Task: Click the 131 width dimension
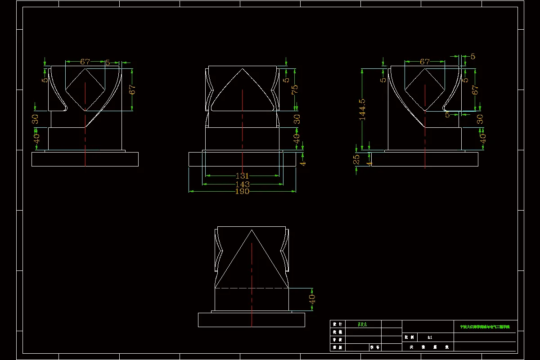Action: (242, 176)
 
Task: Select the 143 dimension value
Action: (242, 184)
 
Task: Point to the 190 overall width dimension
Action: (242, 191)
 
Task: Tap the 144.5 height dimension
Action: (362, 110)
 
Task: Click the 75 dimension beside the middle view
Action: (295, 90)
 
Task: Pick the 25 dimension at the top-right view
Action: (356, 159)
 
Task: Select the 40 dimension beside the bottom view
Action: (312, 299)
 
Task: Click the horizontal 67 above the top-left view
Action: (85, 62)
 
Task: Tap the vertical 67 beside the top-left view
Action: (132, 89)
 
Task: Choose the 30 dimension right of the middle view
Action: (297, 119)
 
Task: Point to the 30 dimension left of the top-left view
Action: (36, 119)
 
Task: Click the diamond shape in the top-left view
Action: (85, 90)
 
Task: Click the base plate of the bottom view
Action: (252, 320)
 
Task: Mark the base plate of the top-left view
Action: (85, 159)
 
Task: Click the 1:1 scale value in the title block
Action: (430, 337)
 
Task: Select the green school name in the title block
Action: (485, 327)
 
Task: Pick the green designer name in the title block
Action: (362, 324)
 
